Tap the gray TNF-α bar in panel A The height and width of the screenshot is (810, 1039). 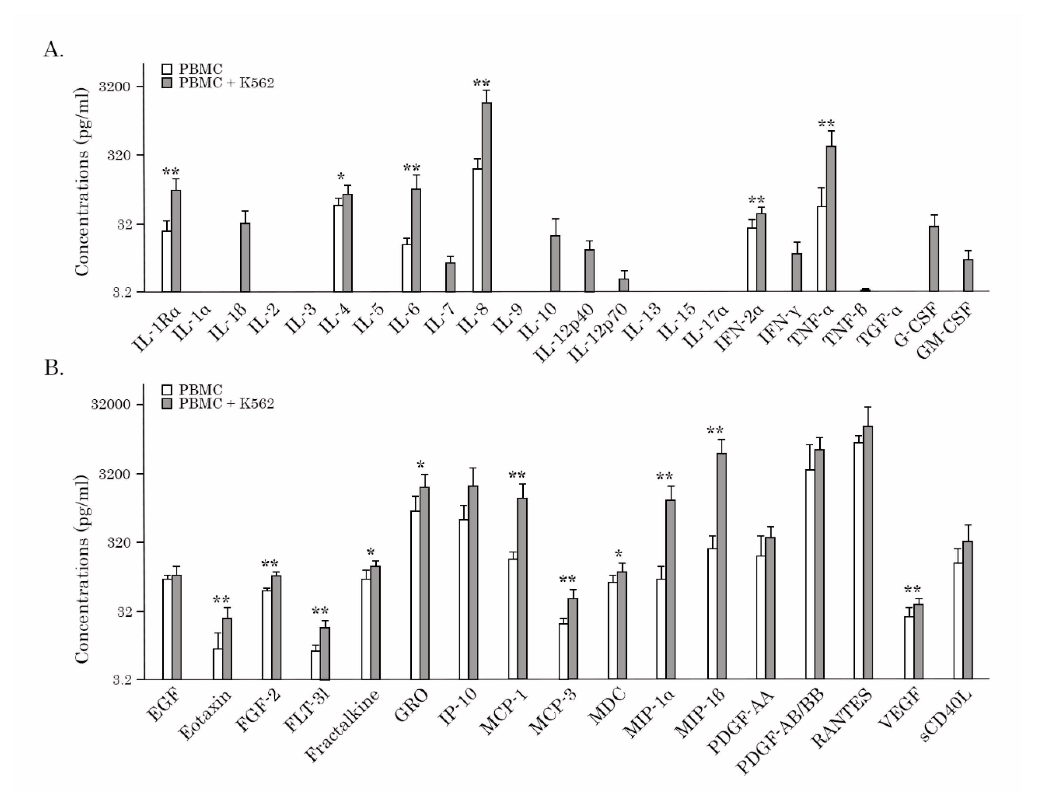831,219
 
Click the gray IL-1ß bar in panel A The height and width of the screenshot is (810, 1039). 245,257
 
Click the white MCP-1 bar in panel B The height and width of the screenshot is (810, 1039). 513,619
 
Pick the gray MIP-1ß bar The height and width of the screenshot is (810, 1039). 721,566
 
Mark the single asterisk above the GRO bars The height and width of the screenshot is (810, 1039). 420,465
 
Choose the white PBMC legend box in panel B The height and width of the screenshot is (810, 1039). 167,390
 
